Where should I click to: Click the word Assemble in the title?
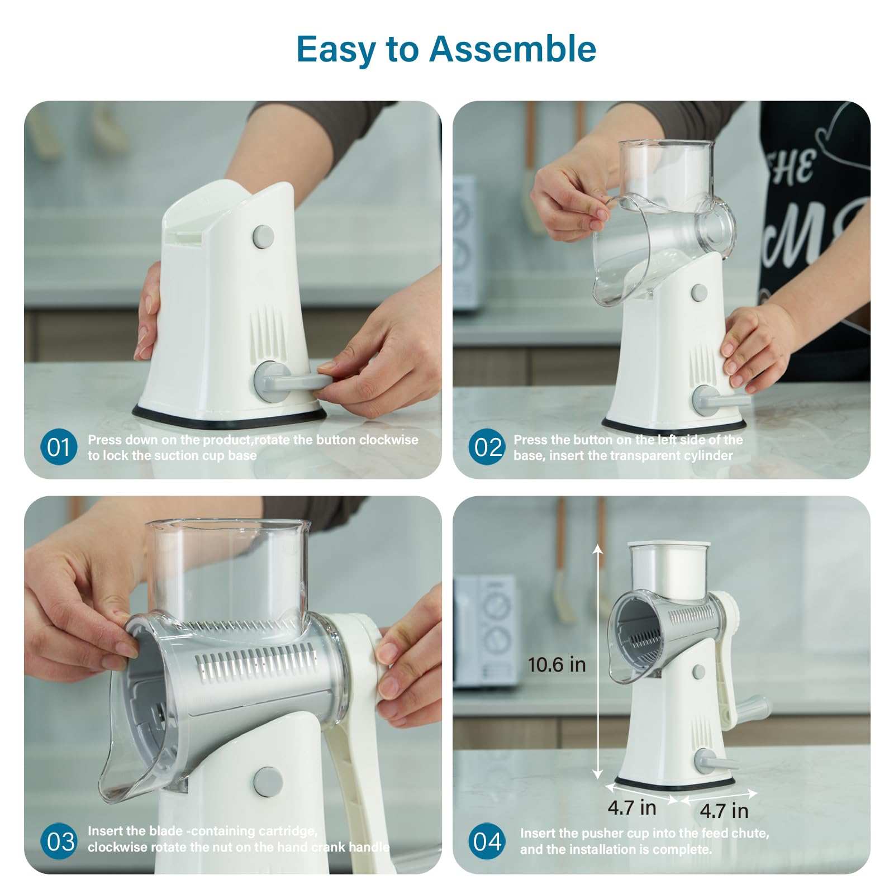pos(512,49)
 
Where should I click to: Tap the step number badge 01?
pos(58,447)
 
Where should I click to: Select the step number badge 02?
pos(487,447)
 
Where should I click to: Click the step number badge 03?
pos(59,841)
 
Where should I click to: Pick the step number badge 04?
pos(487,841)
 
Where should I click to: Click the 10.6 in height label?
pos(557,665)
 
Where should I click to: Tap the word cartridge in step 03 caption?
pos(289,831)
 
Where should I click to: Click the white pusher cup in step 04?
pos(669,573)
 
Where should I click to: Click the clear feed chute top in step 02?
pos(666,168)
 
